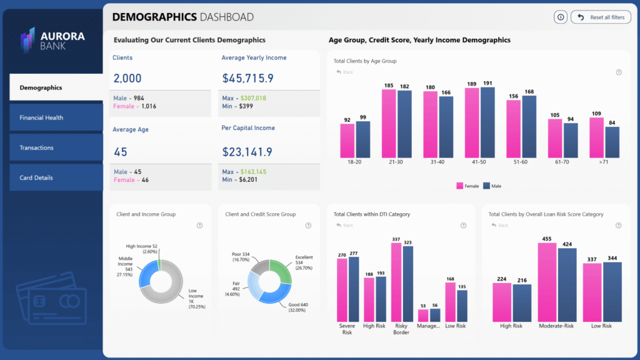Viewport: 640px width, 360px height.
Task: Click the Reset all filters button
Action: [x=601, y=17]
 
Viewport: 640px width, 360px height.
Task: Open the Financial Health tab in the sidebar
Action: [x=56, y=117]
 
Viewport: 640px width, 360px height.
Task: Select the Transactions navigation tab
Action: [x=56, y=147]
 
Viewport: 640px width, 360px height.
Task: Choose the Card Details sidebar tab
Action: [x=56, y=177]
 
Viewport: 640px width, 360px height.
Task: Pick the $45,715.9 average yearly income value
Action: [x=247, y=78]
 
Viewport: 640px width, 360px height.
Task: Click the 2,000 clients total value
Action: [x=127, y=78]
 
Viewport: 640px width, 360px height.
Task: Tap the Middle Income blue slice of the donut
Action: [x=147, y=275]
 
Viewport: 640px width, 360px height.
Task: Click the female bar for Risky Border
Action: [x=396, y=282]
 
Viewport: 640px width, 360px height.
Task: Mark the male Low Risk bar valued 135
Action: [x=462, y=306]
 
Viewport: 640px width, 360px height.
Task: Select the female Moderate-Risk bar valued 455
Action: [x=547, y=282]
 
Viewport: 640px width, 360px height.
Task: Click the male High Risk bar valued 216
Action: [x=521, y=302]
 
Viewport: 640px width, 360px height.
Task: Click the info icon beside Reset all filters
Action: [x=560, y=17]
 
